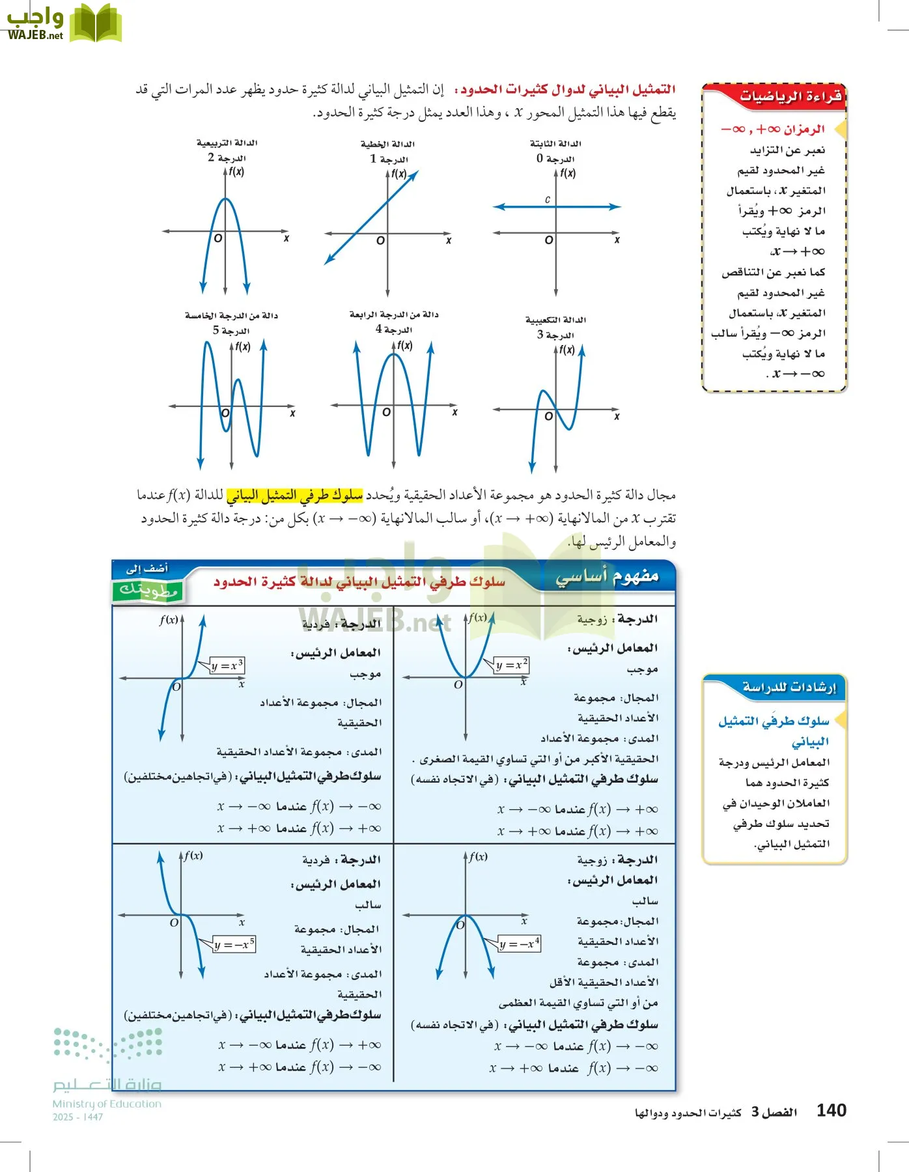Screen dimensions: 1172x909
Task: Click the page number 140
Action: click(x=831, y=1110)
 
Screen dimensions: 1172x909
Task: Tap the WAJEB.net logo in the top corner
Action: click(x=63, y=23)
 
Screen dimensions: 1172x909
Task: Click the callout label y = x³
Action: click(x=227, y=665)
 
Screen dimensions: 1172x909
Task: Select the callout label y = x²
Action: click(x=512, y=665)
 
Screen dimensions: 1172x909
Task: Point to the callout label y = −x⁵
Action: click(x=234, y=944)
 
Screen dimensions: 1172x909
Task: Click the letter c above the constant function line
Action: click(x=548, y=199)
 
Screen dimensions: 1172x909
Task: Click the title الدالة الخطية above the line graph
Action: click(x=387, y=144)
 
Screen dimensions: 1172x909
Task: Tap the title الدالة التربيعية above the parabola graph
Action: click(x=227, y=143)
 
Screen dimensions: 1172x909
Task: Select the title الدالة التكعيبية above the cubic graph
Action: click(x=555, y=320)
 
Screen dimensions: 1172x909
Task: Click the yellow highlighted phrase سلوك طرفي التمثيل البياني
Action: click(x=294, y=495)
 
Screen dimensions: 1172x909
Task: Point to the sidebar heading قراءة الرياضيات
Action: click(x=790, y=97)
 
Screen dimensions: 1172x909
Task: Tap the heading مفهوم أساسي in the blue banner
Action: click(x=607, y=576)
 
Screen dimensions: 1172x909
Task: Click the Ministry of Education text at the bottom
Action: click(x=107, y=1104)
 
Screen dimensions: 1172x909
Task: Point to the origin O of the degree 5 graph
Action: click(x=225, y=413)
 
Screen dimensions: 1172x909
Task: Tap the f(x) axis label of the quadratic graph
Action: click(x=236, y=172)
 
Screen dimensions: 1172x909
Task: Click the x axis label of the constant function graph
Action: click(x=617, y=240)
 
